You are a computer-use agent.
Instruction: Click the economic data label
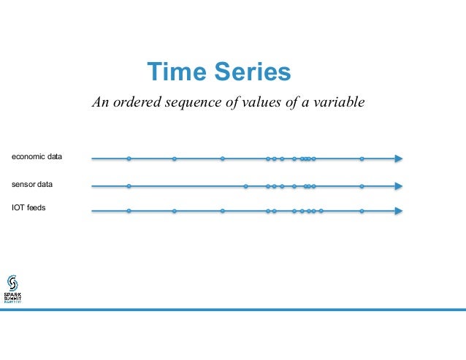tap(37, 157)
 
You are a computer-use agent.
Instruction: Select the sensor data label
tap(32, 185)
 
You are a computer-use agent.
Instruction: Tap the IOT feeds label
tap(28, 207)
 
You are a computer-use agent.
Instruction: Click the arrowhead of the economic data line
tap(398, 158)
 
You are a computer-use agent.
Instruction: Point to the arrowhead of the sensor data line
tap(398, 186)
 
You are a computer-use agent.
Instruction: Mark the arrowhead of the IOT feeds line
tap(398, 211)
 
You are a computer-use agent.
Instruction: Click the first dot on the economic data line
tap(129, 158)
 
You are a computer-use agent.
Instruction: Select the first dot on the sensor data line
tap(129, 186)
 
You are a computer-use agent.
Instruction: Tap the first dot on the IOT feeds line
tap(129, 211)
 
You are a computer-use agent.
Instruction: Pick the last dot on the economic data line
tap(362, 158)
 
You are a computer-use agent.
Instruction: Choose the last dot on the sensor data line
tap(362, 186)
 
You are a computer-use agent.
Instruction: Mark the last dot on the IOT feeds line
tap(362, 211)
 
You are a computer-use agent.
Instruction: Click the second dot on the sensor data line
tap(245, 186)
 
